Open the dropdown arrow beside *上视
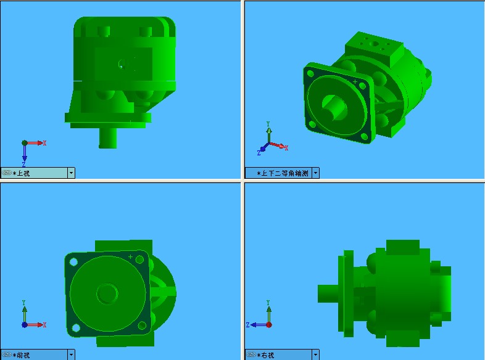[x=71, y=173]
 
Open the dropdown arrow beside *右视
[x=316, y=355]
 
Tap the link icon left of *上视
[x=7, y=173]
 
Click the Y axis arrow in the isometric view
[x=269, y=131]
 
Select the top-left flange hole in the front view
[x=74, y=262]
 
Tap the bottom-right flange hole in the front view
[x=141, y=325]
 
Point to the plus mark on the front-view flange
[x=130, y=256]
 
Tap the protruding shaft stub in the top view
[x=109, y=137]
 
